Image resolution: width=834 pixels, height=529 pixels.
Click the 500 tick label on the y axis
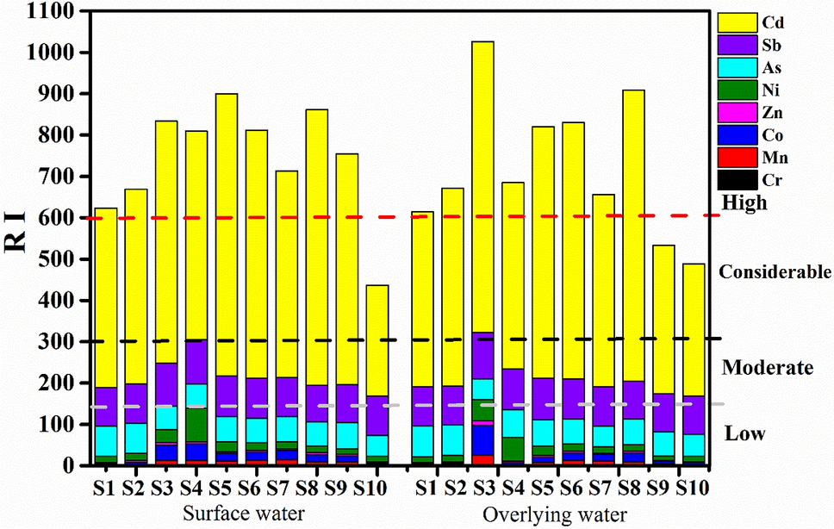pyautogui.click(x=52, y=259)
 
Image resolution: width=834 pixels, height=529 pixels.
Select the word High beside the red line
pyautogui.click(x=745, y=203)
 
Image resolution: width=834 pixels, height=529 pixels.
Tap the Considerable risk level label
pyautogui.click(x=774, y=272)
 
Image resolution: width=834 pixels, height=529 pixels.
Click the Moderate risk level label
pyautogui.click(x=767, y=368)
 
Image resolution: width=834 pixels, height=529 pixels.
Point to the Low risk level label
pyautogui.click(x=744, y=433)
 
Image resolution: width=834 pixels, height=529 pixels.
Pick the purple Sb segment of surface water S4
pyautogui.click(x=197, y=362)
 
